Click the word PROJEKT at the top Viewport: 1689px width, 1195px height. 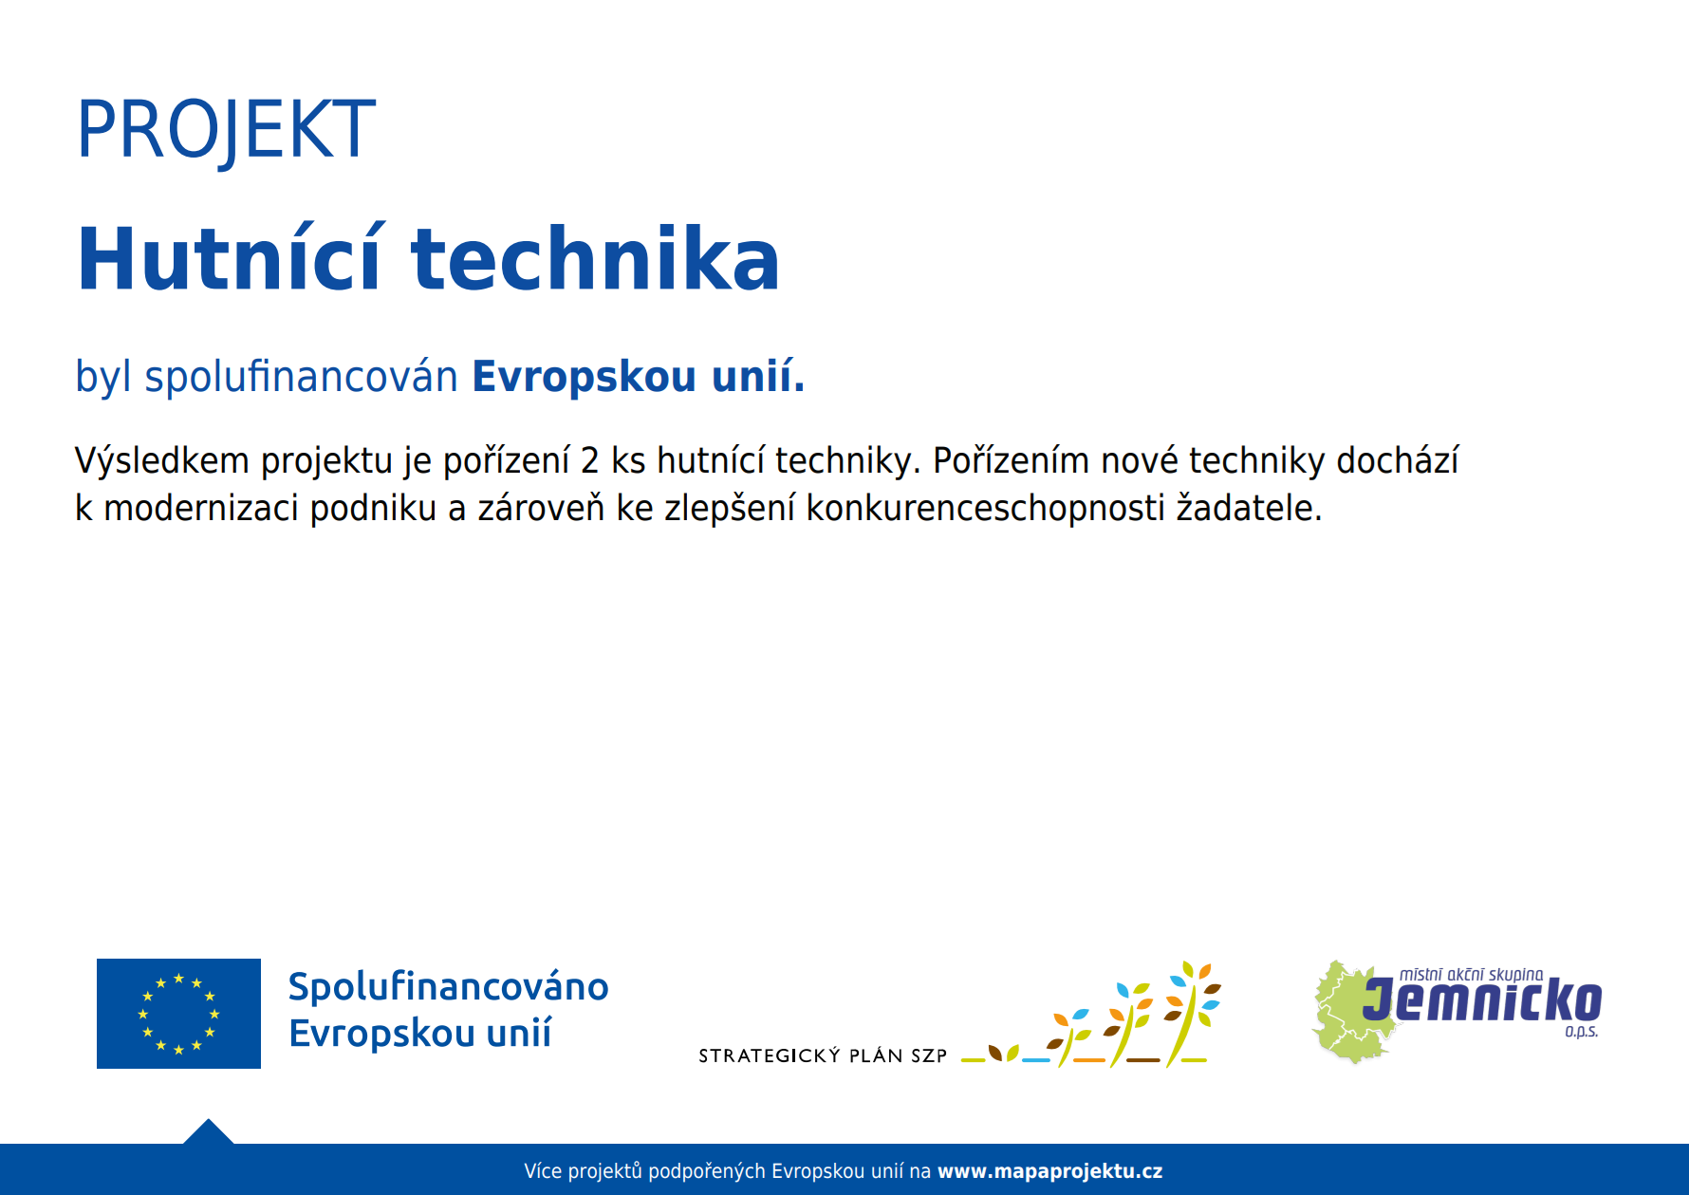(226, 131)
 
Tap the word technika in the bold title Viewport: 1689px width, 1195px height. (595, 258)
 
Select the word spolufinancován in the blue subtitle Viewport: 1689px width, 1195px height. (301, 377)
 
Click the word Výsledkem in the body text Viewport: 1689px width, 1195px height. (162, 460)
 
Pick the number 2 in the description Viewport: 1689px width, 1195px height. (590, 461)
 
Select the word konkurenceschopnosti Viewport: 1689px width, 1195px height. (985, 509)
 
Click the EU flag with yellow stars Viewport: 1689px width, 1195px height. (178, 1014)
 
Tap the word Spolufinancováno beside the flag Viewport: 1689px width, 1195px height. (448, 987)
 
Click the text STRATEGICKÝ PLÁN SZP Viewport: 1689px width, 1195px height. (823, 1055)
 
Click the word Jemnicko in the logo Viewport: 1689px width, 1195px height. (1483, 1002)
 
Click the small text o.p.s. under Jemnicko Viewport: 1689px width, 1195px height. (1582, 1032)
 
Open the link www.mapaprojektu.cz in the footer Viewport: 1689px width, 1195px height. (1050, 1171)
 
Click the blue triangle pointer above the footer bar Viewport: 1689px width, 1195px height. (208, 1133)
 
